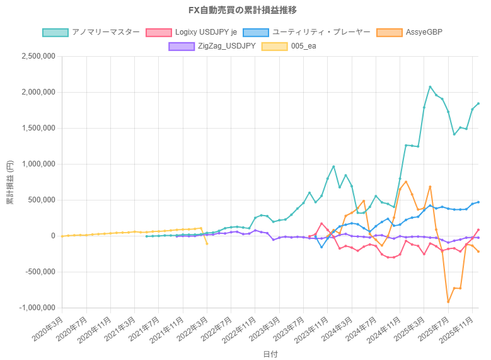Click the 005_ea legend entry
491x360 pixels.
click(x=303, y=46)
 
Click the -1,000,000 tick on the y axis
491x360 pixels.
click(x=36, y=308)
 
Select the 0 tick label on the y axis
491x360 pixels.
click(x=54, y=236)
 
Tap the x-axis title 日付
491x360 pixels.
click(x=270, y=354)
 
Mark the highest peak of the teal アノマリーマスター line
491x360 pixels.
click(x=430, y=86)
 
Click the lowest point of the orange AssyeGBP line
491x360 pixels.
click(x=448, y=302)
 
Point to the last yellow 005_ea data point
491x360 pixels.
click(x=207, y=243)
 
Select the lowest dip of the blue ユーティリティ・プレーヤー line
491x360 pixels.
click(x=321, y=247)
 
